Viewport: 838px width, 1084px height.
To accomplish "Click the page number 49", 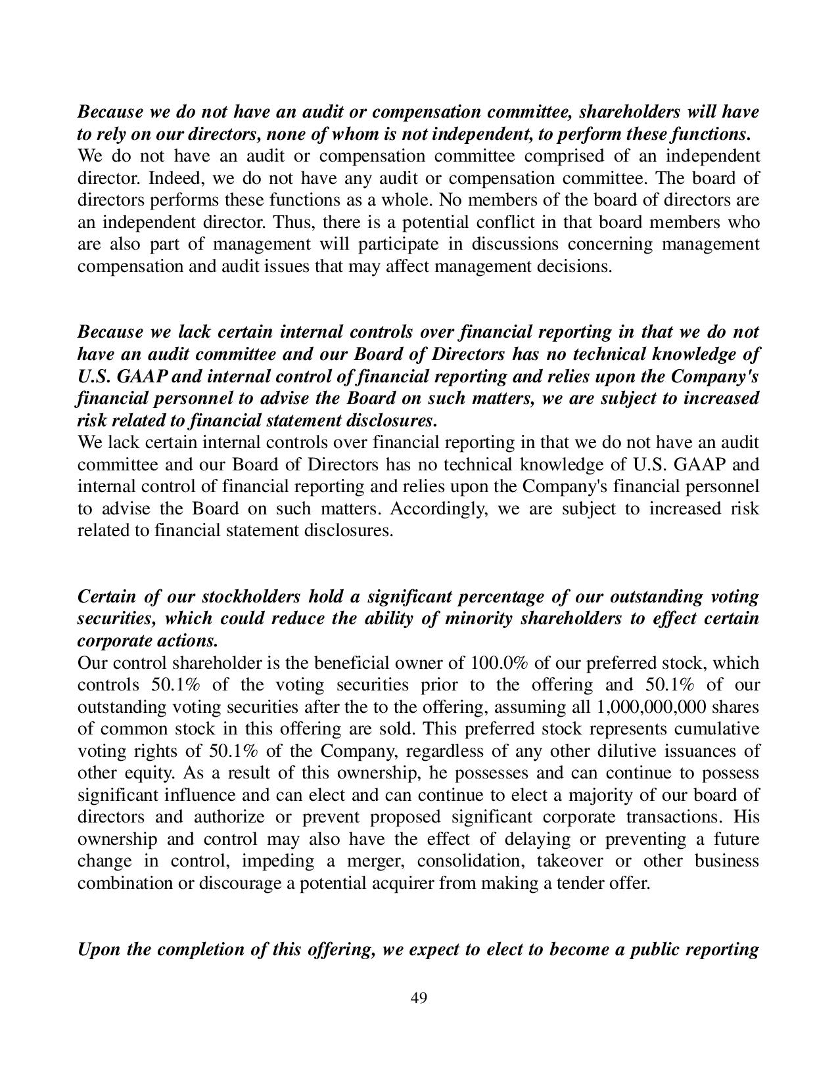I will [419, 999].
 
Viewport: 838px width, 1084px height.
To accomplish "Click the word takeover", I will [571, 861].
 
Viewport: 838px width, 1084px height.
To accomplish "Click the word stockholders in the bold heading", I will [248, 597].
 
